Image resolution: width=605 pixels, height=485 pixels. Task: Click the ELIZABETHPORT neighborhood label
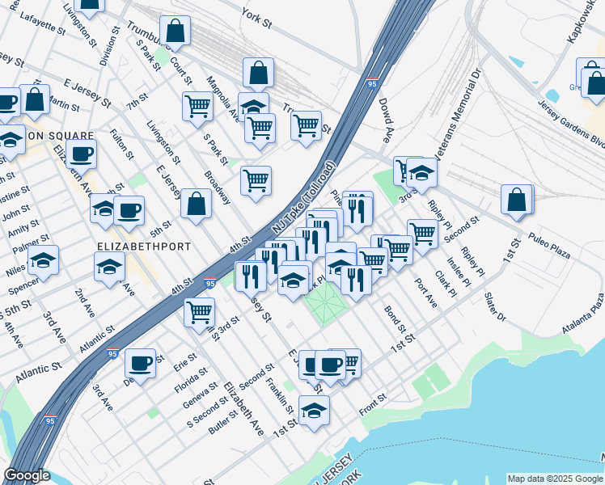tap(144, 247)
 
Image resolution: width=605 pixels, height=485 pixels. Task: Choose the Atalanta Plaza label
tap(583, 315)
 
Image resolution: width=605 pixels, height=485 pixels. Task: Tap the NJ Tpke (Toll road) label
tap(302, 199)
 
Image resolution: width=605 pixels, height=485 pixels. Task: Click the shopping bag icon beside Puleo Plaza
tap(517, 199)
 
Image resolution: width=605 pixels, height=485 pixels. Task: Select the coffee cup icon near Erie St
tap(141, 363)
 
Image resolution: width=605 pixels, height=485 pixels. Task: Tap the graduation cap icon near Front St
tap(314, 410)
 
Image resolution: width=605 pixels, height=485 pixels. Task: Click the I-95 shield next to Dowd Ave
tap(371, 83)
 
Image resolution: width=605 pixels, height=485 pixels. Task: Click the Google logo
tap(27, 475)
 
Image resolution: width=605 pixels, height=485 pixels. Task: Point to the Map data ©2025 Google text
tap(554, 479)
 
